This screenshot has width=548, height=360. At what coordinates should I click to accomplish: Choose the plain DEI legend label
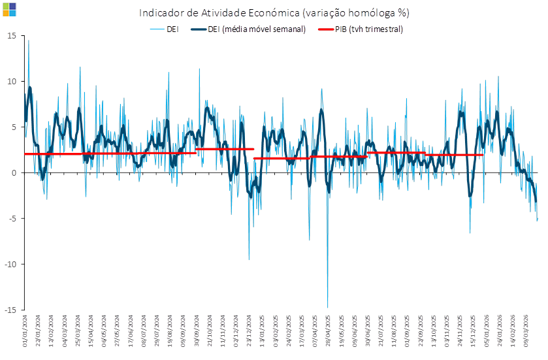[x=173, y=29]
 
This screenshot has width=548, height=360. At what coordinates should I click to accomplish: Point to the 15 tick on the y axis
[x=12, y=35]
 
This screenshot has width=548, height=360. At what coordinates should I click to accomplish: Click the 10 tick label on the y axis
[x=12, y=81]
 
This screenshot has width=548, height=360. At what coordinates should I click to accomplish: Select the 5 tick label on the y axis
[x=14, y=127]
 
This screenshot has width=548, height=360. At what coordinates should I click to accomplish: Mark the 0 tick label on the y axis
[x=14, y=172]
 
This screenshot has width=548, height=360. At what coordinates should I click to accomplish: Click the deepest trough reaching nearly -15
[x=327, y=306]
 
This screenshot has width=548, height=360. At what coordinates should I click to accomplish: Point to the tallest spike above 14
[x=28, y=41]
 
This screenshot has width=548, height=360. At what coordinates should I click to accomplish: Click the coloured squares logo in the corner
[x=10, y=10]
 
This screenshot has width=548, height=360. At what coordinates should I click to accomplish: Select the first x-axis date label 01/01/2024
[x=25, y=325]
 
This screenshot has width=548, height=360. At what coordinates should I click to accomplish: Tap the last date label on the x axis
[x=527, y=325]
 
